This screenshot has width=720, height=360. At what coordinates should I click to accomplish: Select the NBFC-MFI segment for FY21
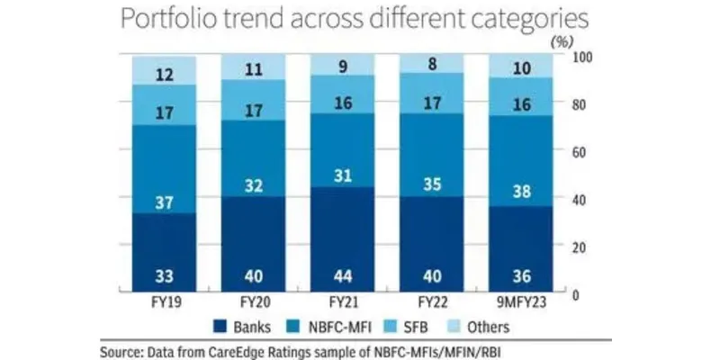[x=342, y=150]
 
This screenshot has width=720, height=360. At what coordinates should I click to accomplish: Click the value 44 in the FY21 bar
[x=342, y=274]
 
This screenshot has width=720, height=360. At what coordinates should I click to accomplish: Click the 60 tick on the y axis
[x=584, y=152]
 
